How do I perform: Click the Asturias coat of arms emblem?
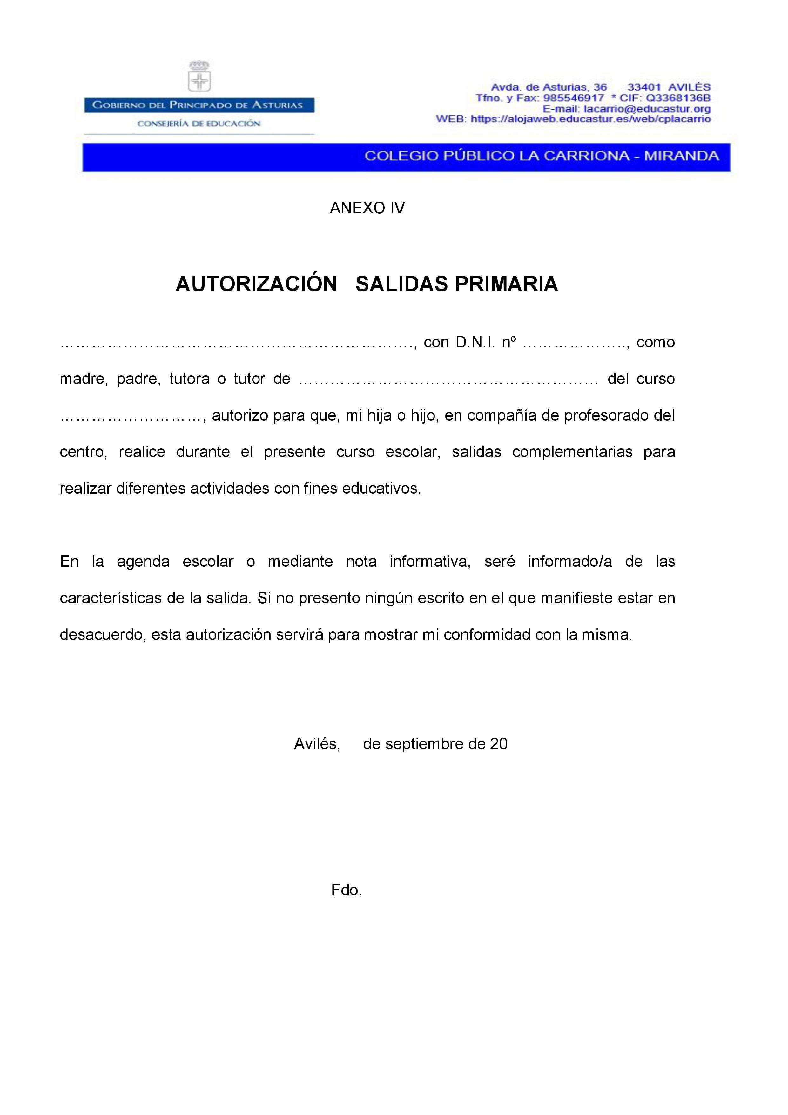[x=199, y=76]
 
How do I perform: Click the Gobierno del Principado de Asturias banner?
[x=199, y=105]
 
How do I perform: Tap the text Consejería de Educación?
[x=199, y=123]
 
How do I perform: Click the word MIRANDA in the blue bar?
[x=681, y=156]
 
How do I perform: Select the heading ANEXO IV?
[x=367, y=208]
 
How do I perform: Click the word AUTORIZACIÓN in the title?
[x=256, y=284]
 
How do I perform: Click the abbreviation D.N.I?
[x=475, y=342]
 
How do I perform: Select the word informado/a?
[x=570, y=562]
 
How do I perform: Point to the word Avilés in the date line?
[x=316, y=744]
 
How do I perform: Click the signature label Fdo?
[x=347, y=890]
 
